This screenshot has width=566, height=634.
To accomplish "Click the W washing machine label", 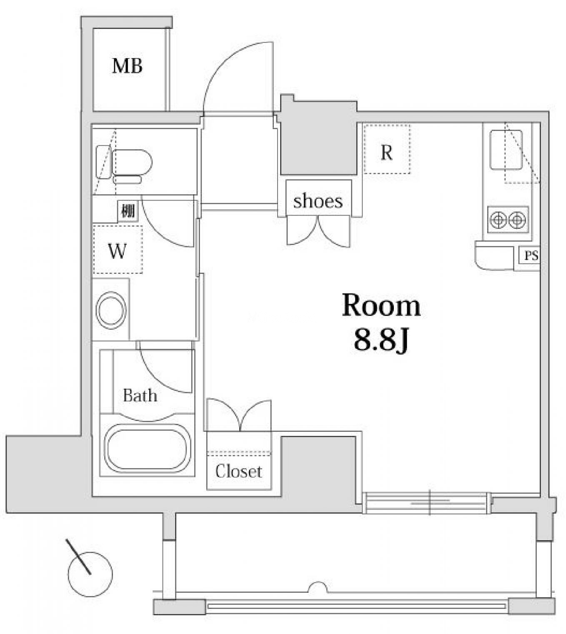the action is point(118,251).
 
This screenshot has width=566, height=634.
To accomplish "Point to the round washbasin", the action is point(111,310).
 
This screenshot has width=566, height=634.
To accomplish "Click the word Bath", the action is point(140,396).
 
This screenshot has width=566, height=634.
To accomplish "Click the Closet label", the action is point(238,471).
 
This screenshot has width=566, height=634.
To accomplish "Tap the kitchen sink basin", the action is point(506,150).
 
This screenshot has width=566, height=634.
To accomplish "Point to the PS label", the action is point(531,256).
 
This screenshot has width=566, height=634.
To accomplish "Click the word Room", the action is point(381,306).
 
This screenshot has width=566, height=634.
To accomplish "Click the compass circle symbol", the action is point(90,574).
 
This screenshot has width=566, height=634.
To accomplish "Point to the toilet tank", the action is point(103,162).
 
